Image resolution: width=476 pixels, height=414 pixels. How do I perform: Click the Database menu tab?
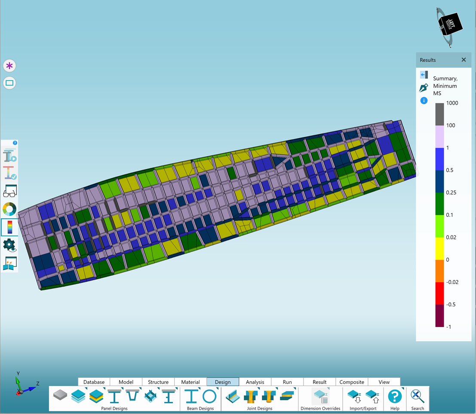[94, 382]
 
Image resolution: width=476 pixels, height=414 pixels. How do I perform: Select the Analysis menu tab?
[255, 382]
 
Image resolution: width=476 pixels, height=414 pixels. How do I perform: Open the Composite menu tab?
[352, 382]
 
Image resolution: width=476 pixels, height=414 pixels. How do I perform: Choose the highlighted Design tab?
[223, 382]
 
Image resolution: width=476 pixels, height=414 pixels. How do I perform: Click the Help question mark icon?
[395, 396]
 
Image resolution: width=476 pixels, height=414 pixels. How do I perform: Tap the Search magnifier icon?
[418, 396]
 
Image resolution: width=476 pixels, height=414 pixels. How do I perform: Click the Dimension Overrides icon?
[321, 396]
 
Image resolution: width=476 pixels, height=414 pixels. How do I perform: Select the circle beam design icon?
[209, 396]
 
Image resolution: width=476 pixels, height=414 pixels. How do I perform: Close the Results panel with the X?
[464, 59]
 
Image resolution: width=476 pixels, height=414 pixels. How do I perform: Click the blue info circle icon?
[424, 101]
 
